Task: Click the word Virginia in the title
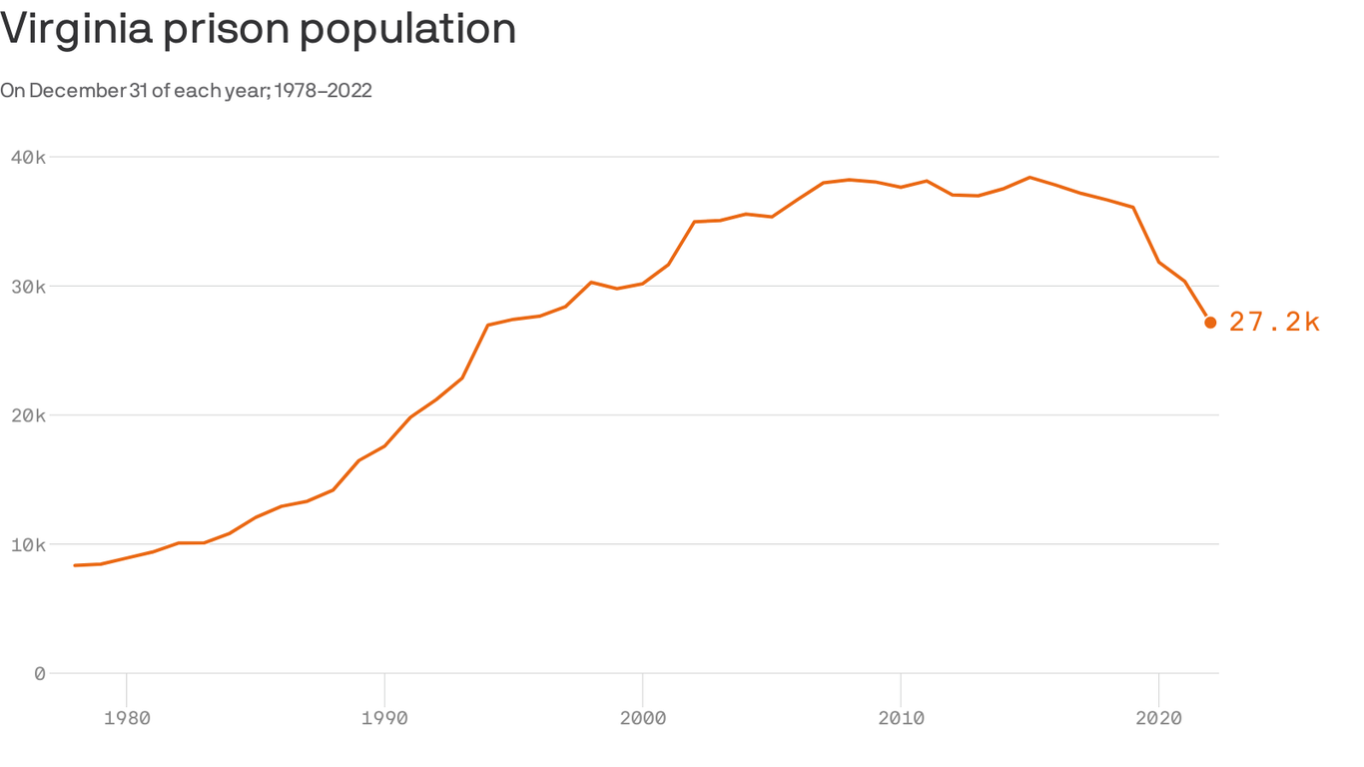pyautogui.click(x=76, y=29)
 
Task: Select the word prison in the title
pyautogui.click(x=227, y=29)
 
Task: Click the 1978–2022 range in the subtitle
pyautogui.click(x=323, y=91)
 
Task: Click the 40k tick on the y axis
pyautogui.click(x=28, y=157)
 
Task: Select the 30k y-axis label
pyautogui.click(x=28, y=287)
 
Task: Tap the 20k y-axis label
pyautogui.click(x=28, y=415)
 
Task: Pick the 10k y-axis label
pyautogui.click(x=28, y=544)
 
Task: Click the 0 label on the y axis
pyautogui.click(x=39, y=674)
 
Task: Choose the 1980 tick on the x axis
pyautogui.click(x=127, y=718)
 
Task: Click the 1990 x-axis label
pyautogui.click(x=384, y=718)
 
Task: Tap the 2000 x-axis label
pyautogui.click(x=642, y=718)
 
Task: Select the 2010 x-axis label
pyautogui.click(x=901, y=718)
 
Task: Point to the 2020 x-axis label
pyautogui.click(x=1158, y=718)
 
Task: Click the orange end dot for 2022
pyautogui.click(x=1210, y=323)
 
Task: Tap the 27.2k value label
pyautogui.click(x=1274, y=322)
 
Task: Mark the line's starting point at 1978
pyautogui.click(x=75, y=565)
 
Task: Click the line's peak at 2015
pyautogui.click(x=1029, y=178)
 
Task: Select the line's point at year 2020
pyautogui.click(x=1158, y=262)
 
